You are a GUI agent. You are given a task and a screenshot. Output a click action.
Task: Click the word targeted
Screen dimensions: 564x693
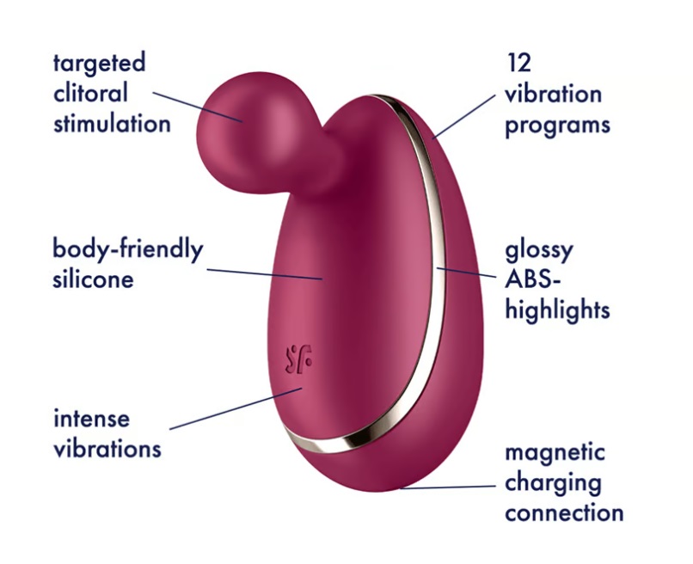[x=99, y=64]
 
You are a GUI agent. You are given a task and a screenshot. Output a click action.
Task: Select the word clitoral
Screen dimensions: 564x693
[x=90, y=93]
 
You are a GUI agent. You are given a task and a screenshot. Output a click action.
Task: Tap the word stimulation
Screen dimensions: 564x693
[x=112, y=122]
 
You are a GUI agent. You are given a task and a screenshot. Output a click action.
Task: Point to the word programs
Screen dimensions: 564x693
[x=557, y=125]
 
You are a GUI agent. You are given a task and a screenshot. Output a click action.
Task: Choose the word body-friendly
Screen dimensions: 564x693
[x=128, y=250]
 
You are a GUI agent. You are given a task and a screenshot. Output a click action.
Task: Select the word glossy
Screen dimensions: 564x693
[x=539, y=251]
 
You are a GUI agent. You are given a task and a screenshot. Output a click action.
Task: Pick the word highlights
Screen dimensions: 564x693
[x=557, y=309]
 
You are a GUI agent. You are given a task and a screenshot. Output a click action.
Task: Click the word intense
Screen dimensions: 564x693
[x=91, y=420]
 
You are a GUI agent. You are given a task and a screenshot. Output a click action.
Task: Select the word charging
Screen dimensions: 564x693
[x=553, y=482]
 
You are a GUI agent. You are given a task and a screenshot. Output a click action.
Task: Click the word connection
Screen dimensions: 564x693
[x=564, y=513]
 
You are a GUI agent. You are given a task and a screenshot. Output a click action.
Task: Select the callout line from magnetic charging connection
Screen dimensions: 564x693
[x=447, y=487]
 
